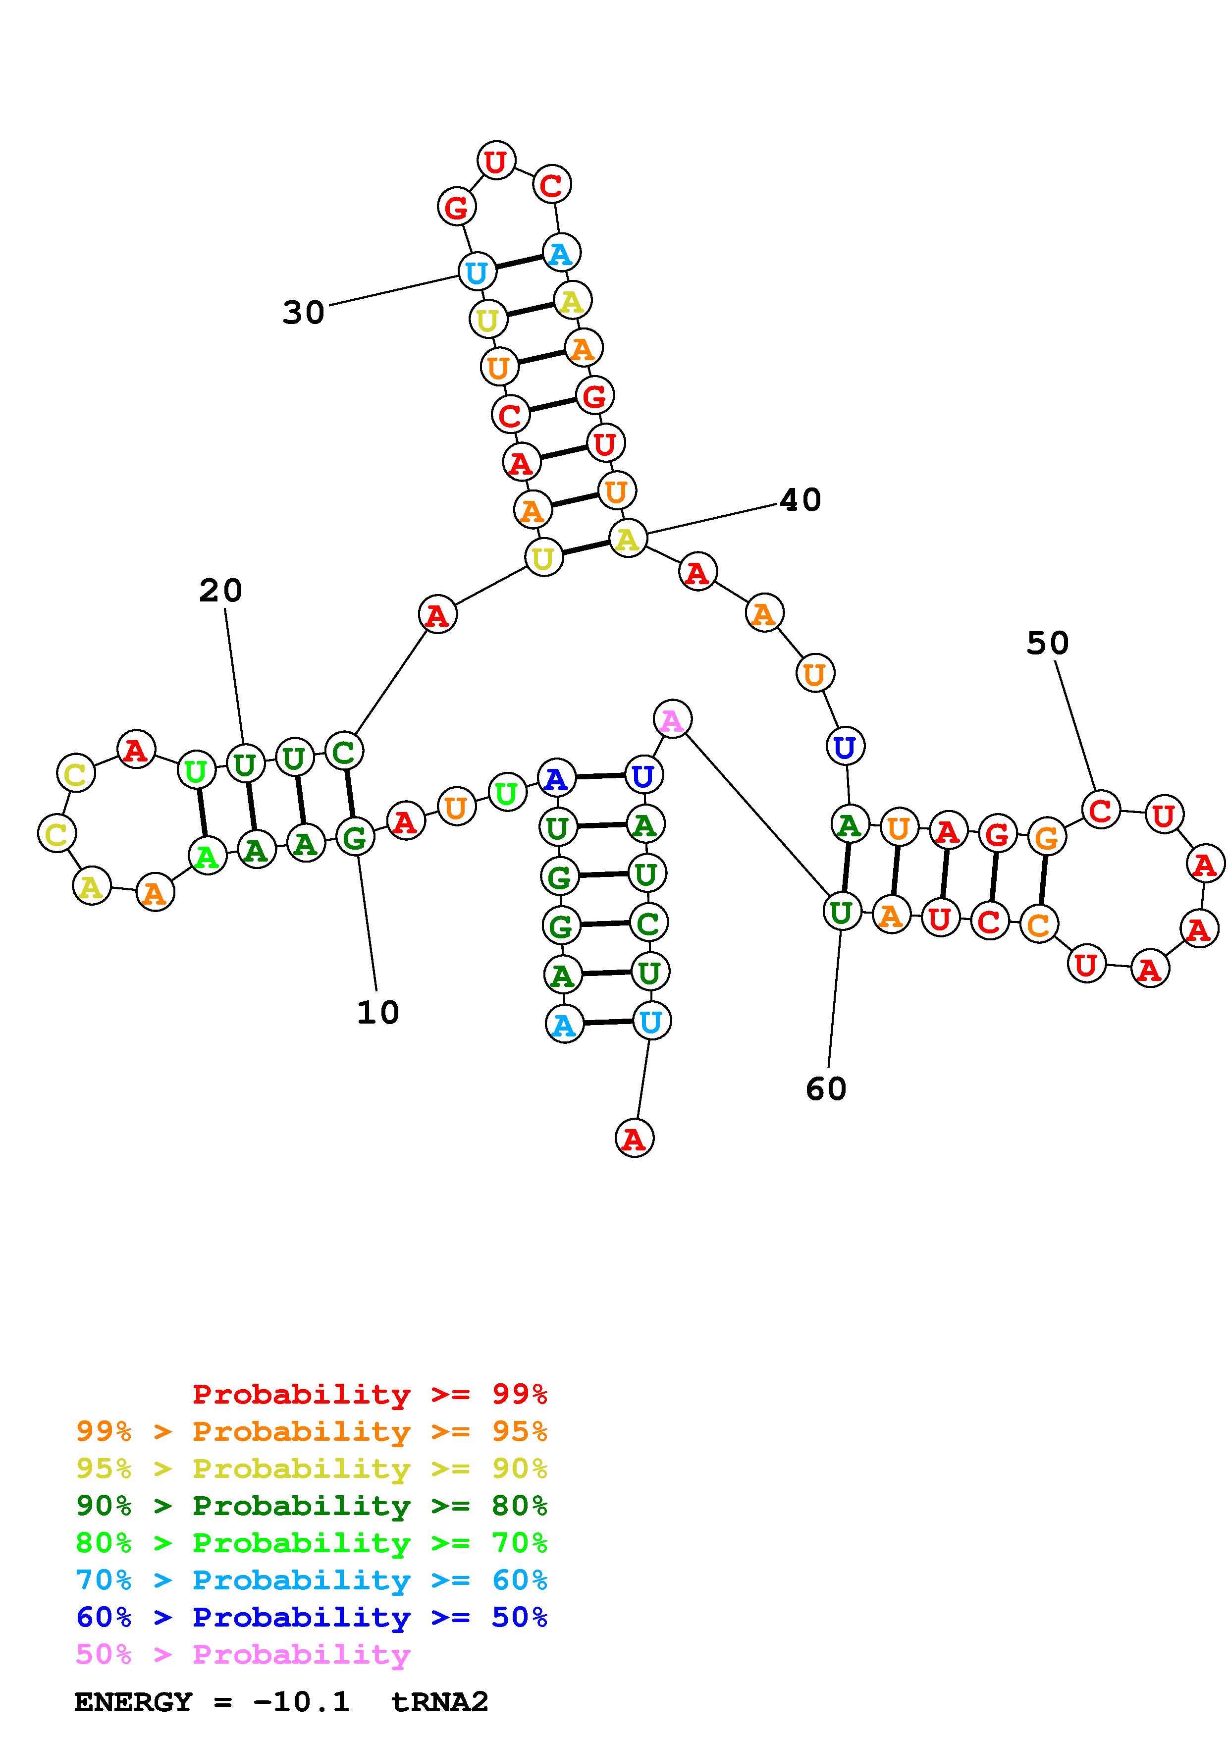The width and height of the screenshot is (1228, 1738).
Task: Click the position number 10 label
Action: (377, 1013)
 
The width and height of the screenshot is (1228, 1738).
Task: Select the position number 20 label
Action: (220, 591)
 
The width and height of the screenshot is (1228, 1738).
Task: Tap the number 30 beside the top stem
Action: (303, 312)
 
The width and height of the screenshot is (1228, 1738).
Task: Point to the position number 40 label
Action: (800, 499)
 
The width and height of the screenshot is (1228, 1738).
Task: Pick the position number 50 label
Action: (1047, 644)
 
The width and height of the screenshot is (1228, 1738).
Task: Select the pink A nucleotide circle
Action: (672, 719)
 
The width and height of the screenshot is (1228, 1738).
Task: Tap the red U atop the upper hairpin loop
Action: (495, 161)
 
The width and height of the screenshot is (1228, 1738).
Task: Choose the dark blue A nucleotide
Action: (556, 778)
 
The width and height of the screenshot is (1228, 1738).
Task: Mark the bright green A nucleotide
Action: (207, 856)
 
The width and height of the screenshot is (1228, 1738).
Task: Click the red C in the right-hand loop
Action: (1100, 810)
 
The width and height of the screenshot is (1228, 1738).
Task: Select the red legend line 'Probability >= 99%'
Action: (369, 1394)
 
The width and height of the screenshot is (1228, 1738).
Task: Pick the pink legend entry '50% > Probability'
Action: (242, 1654)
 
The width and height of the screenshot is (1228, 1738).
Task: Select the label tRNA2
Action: (439, 1702)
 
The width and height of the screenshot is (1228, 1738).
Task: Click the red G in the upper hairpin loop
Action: (456, 207)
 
